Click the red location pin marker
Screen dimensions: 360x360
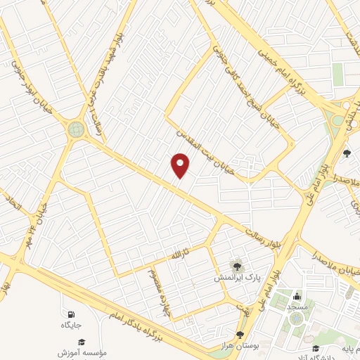click(x=181, y=166)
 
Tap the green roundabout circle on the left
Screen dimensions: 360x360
click(x=75, y=129)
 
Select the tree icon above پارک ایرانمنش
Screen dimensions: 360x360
click(x=237, y=265)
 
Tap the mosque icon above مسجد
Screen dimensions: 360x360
click(x=298, y=296)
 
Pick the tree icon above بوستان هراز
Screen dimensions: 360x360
click(x=240, y=335)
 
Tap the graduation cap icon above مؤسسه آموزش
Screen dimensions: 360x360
click(x=82, y=341)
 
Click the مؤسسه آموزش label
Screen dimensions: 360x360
click(x=82, y=352)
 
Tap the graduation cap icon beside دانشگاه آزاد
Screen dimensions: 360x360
click(x=316, y=349)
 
